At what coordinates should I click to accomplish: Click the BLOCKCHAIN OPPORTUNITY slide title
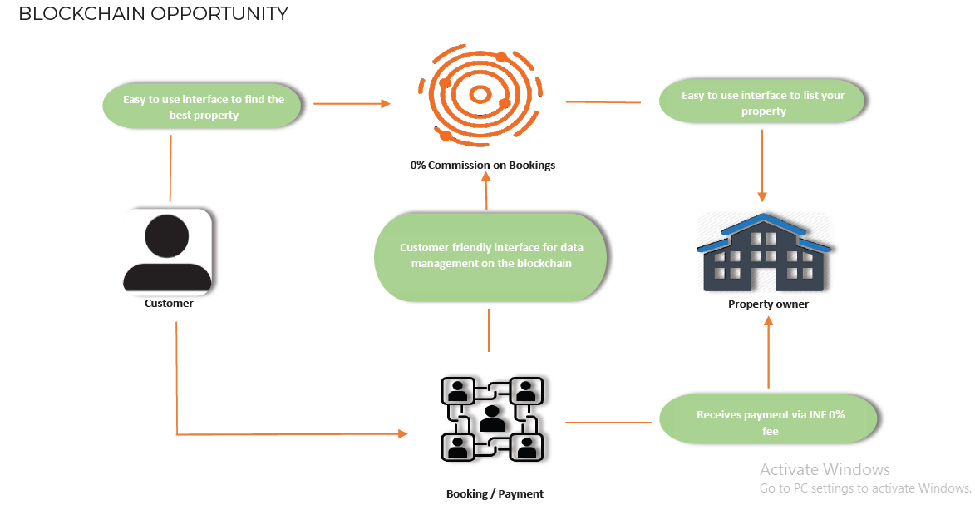(153, 14)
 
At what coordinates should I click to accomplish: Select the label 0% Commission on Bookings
(482, 165)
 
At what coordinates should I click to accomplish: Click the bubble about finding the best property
(204, 107)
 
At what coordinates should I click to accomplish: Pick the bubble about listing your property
(763, 103)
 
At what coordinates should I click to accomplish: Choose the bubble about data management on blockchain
(490, 255)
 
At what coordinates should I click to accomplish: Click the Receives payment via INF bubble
(770, 423)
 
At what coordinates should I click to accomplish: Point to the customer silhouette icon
(168, 251)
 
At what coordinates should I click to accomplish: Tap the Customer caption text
(169, 304)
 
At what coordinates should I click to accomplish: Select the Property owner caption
(768, 304)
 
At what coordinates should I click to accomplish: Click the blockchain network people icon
(491, 418)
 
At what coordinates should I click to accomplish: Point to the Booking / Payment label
(495, 493)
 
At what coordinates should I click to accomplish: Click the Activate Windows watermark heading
(825, 469)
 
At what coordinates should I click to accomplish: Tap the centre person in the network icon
(491, 417)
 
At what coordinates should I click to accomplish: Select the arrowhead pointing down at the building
(762, 197)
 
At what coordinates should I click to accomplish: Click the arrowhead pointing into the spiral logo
(386, 104)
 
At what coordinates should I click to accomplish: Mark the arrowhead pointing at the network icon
(403, 433)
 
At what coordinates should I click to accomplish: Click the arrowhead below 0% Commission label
(486, 177)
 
